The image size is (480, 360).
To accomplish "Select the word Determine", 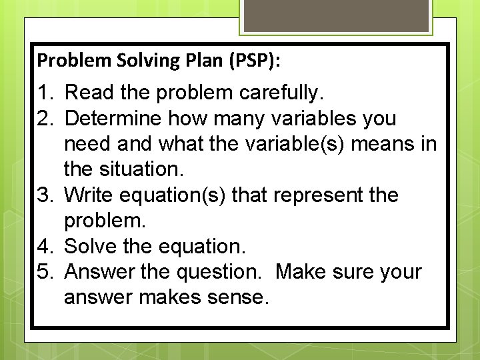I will coord(113,119).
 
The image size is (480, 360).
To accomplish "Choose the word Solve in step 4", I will coord(91,247).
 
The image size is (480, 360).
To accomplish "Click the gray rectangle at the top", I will coord(335,15).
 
